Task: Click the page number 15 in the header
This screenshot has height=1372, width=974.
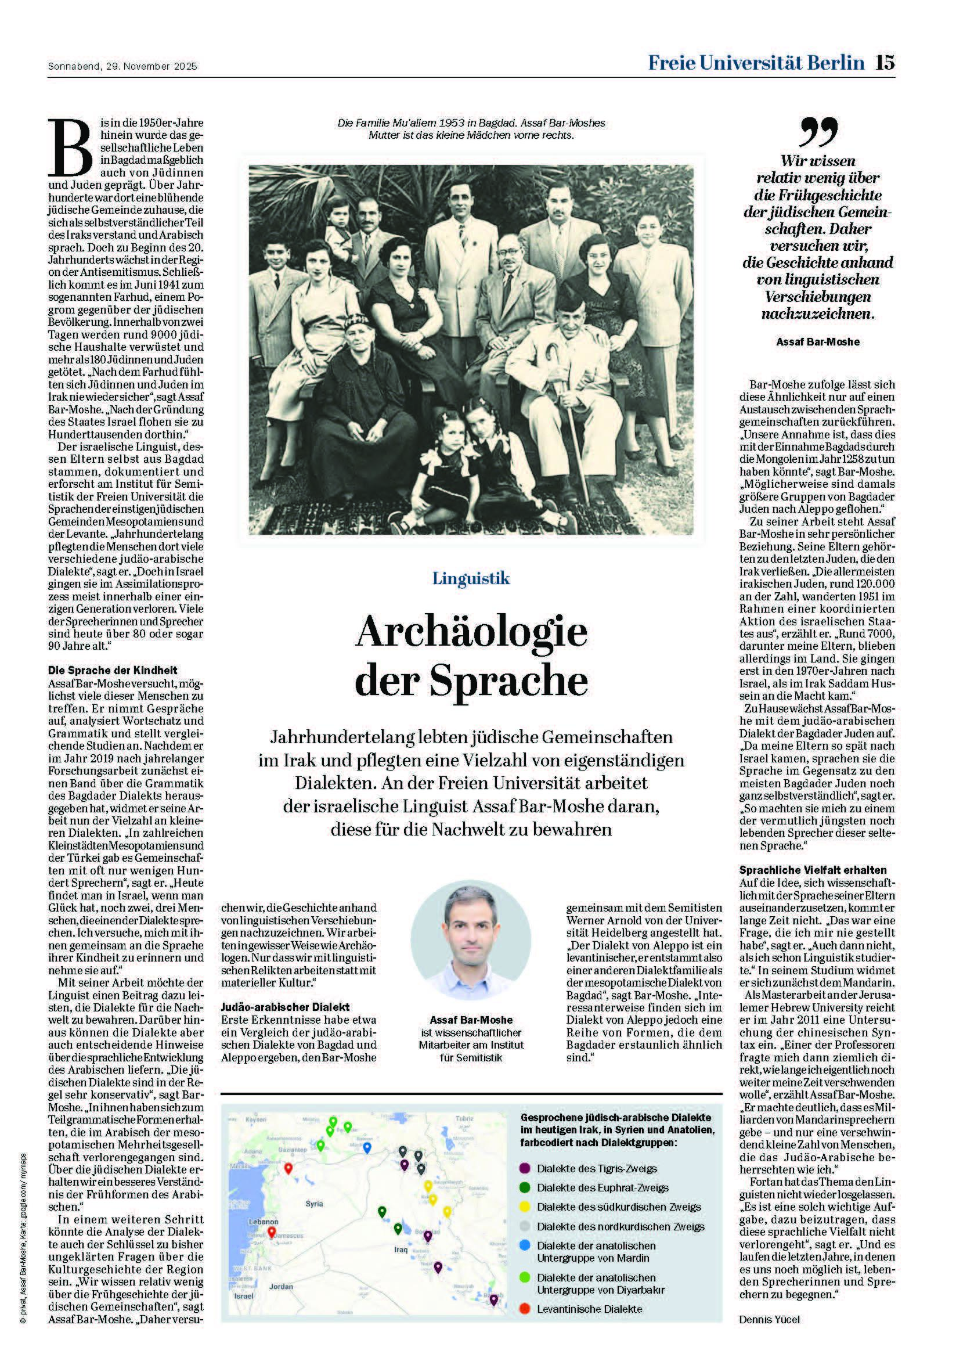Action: pos(884,63)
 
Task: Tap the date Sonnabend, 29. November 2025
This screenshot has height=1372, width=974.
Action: pos(122,67)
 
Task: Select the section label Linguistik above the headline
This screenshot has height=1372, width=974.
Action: pos(471,578)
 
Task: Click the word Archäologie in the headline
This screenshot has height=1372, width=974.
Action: pos(471,633)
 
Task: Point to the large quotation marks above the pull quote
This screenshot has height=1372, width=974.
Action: pos(818,132)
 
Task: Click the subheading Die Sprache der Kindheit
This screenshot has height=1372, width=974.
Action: pos(113,671)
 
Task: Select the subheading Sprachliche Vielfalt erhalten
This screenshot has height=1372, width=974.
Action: pos(813,869)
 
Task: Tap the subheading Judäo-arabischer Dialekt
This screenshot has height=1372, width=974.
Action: pos(286,1007)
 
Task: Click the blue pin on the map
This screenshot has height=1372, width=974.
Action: pos(367,1147)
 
